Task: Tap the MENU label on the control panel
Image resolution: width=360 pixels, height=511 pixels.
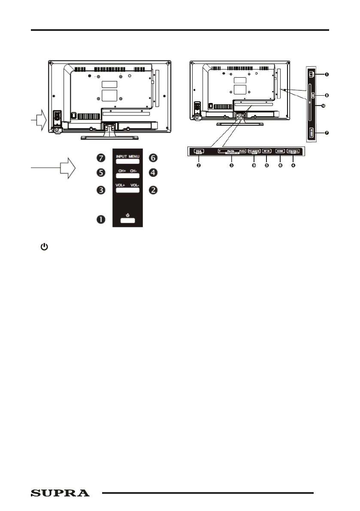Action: [x=134, y=157]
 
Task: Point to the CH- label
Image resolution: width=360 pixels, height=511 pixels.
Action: [x=134, y=172]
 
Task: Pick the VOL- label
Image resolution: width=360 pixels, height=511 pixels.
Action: [x=134, y=185]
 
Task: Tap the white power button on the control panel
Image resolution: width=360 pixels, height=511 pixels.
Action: [x=127, y=221]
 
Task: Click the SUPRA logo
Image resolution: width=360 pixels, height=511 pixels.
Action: [x=60, y=493]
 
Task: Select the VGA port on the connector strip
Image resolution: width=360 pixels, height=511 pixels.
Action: [x=199, y=151]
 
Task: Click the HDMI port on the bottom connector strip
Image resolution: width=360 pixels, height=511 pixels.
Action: [x=280, y=151]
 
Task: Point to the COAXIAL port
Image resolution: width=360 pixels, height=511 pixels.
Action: [x=293, y=151]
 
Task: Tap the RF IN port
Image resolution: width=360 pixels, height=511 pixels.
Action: [x=266, y=151]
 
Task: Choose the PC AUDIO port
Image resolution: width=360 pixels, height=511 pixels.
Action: [x=254, y=151]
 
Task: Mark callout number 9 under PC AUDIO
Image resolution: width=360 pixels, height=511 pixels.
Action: [x=254, y=166]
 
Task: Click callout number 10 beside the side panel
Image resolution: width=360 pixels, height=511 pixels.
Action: [x=324, y=106]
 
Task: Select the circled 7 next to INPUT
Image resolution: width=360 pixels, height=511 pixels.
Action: [x=101, y=158]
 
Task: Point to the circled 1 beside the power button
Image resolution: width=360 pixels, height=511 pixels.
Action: [x=101, y=219]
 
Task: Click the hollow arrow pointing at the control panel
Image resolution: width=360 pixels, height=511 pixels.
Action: [x=67, y=168]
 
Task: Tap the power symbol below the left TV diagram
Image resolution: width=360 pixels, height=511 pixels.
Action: [x=44, y=247]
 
